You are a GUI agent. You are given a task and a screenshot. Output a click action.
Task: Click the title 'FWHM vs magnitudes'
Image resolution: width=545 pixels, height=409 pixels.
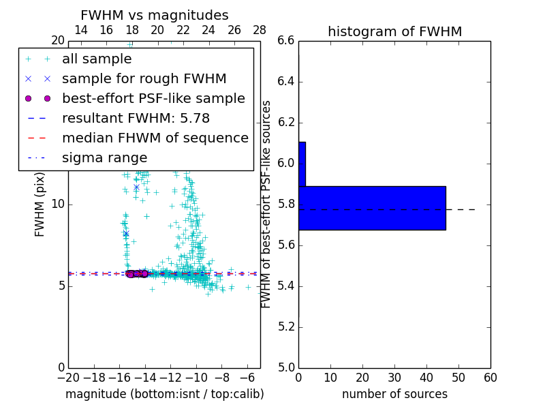pos(154,16)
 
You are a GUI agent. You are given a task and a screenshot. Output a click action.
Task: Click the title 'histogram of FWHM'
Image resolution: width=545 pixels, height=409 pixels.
pos(394,31)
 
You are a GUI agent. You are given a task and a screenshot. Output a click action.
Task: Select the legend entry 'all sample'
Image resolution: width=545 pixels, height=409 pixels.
pos(97,59)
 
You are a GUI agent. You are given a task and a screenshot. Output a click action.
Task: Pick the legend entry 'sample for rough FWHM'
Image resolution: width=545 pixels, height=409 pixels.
pos(144,79)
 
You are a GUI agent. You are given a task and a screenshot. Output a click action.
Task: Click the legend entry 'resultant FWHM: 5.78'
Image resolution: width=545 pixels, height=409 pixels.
pos(136,118)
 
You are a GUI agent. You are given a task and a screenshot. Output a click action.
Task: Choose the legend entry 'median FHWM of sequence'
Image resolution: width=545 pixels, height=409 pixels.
pos(155,138)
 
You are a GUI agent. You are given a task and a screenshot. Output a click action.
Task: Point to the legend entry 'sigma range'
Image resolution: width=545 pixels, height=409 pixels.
pos(104,157)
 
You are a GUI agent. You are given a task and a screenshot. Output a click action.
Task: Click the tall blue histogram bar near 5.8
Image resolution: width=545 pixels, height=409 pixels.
pos(372,208)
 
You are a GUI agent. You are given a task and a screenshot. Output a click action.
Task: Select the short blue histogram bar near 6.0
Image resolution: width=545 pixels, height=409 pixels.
pos(302,164)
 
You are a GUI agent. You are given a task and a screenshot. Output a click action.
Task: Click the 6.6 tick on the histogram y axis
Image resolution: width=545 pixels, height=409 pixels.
pos(286,41)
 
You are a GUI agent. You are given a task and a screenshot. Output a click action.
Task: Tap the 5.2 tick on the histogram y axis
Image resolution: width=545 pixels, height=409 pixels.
pos(286,327)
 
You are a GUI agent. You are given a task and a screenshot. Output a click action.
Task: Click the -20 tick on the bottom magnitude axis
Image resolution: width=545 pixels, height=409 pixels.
pos(68,377)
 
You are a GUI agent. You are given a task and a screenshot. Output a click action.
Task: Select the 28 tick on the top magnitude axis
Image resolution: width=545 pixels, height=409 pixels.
pos(260,30)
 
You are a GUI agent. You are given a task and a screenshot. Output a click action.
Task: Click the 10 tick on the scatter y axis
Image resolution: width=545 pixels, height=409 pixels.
pos(57,204)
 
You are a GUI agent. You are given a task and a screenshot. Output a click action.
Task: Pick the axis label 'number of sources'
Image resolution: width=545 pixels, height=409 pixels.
pos(394,394)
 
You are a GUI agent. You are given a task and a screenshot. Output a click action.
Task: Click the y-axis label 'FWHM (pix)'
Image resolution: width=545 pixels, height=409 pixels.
pos(40,204)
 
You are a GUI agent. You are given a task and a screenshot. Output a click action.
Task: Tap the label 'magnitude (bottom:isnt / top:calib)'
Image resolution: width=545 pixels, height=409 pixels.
pos(164,394)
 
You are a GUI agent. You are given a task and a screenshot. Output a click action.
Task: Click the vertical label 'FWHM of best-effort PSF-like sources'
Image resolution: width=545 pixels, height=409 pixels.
pos(266,204)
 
